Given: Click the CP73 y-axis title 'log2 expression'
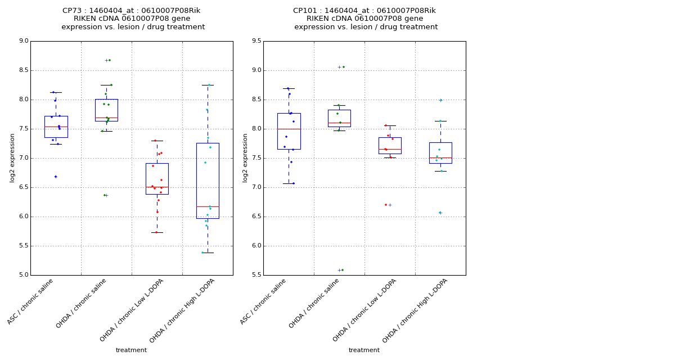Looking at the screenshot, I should tap(12, 157).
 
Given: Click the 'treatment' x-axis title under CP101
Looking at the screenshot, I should tap(364, 350).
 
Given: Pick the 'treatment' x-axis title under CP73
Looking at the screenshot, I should tap(131, 350).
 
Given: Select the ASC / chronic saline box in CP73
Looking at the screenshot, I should tap(56, 127).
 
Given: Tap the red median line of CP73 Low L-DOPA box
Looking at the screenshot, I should tap(157, 187).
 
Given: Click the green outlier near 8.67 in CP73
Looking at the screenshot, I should tap(109, 60).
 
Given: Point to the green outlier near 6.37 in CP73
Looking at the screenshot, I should tap(105, 195).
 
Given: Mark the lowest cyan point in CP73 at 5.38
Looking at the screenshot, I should tap(202, 253).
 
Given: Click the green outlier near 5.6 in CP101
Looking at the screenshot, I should tap(342, 270).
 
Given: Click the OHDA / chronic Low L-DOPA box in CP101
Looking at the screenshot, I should tap(390, 145).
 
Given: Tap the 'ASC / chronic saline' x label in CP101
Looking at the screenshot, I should tap(263, 301).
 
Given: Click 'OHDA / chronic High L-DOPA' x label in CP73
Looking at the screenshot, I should tap(182, 310).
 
